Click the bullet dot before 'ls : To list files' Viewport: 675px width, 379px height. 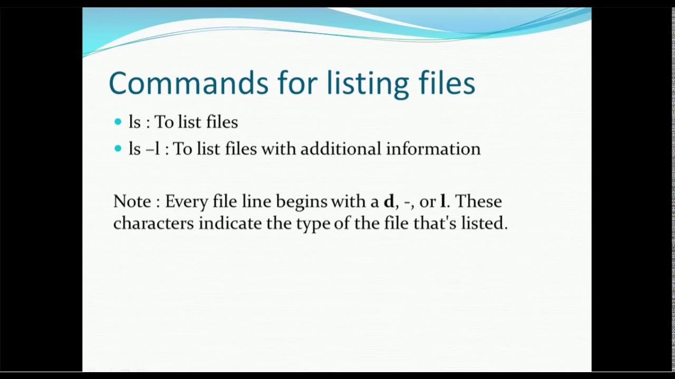(118, 122)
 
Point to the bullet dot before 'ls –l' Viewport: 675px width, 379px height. (118, 149)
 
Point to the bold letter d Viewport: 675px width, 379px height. (389, 202)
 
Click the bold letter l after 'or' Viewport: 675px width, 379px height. (442, 202)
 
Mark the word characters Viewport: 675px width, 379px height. (153, 224)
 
